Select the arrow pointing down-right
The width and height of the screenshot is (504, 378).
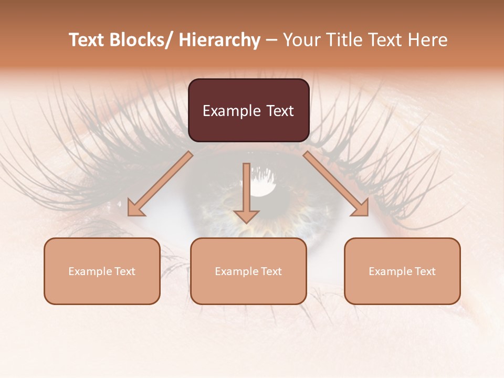[x=336, y=184]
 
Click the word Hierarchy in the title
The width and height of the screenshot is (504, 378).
[x=219, y=40]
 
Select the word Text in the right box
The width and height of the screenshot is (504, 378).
[x=424, y=271]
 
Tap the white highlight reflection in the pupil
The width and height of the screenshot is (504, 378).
[x=262, y=186]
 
